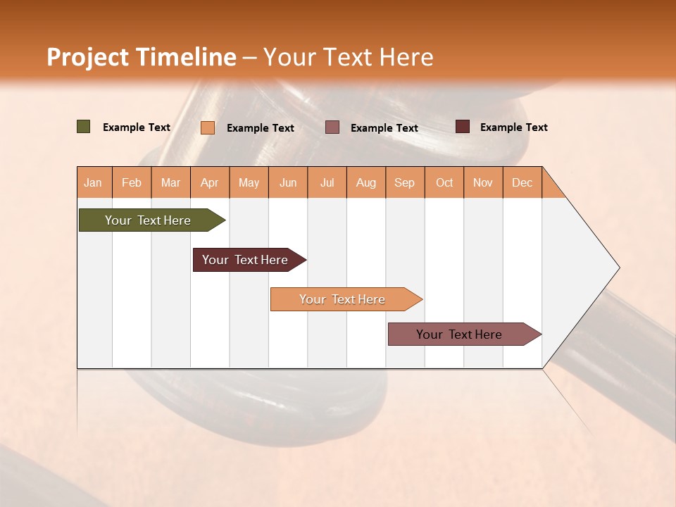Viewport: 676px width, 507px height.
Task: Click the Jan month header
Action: click(94, 182)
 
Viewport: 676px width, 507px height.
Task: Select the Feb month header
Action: click(132, 182)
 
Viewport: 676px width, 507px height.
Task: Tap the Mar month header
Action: click(170, 182)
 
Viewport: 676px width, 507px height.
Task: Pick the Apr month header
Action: click(210, 182)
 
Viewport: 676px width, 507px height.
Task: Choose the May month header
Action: click(249, 182)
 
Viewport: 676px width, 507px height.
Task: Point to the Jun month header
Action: click(288, 182)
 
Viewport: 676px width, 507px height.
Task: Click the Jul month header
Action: click(327, 182)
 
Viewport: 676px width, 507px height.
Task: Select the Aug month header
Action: click(366, 182)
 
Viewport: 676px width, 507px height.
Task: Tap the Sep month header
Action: click(405, 182)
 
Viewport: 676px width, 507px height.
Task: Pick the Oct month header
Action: click(444, 182)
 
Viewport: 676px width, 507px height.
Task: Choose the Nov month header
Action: click(483, 182)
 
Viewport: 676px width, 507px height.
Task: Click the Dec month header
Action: click(522, 182)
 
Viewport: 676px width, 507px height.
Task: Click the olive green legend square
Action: click(84, 127)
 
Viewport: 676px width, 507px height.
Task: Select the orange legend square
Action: click(208, 127)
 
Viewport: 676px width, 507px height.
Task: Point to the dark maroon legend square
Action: click(463, 127)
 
